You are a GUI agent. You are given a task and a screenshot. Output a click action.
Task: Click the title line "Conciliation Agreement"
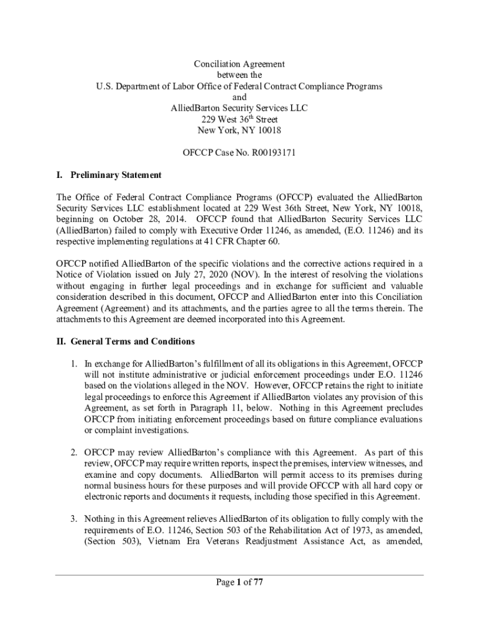click(x=239, y=64)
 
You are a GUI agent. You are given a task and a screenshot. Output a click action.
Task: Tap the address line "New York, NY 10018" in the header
click(x=239, y=130)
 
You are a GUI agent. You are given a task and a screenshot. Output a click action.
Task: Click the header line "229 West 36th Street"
click(x=239, y=119)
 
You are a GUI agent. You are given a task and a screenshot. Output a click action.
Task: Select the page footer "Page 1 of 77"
click(x=239, y=582)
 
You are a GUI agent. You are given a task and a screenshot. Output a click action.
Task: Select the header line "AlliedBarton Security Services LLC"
click(x=239, y=108)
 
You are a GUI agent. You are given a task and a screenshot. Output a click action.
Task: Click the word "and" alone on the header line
click(x=239, y=97)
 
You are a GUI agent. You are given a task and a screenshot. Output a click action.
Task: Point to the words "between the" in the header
click(x=239, y=75)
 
